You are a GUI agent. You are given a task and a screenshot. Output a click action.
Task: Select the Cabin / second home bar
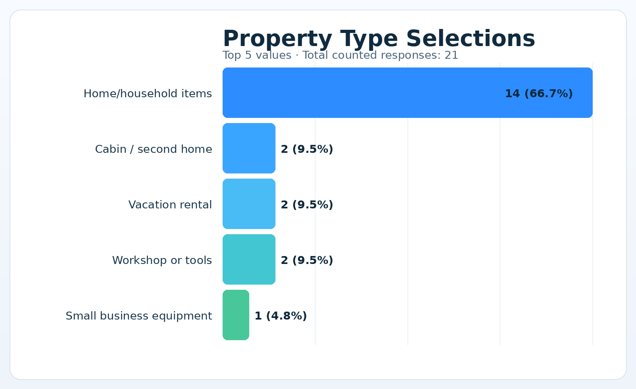pyautogui.click(x=249, y=148)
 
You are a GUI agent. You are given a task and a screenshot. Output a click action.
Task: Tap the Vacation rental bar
pyautogui.click(x=249, y=204)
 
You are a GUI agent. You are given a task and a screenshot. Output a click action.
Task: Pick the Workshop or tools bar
pyautogui.click(x=249, y=260)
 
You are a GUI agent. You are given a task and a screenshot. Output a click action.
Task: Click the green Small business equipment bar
pyautogui.click(x=236, y=315)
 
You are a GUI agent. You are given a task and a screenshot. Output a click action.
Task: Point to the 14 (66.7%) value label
pyautogui.click(x=539, y=94)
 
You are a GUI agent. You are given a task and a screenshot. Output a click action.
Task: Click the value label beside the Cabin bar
pyautogui.click(x=307, y=149)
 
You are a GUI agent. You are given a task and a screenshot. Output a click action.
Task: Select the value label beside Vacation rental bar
pyautogui.click(x=307, y=205)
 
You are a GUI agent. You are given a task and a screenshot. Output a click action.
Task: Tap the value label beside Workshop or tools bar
pyautogui.click(x=307, y=260)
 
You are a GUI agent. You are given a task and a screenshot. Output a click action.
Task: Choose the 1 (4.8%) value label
pyautogui.click(x=281, y=316)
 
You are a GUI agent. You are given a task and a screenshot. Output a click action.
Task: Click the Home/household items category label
pyautogui.click(x=147, y=94)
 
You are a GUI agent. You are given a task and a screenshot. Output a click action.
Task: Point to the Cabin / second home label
pyautogui.click(x=153, y=149)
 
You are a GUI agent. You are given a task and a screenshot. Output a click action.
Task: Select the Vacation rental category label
pyautogui.click(x=170, y=205)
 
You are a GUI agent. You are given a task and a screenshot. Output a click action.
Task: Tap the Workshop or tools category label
pyautogui.click(x=162, y=260)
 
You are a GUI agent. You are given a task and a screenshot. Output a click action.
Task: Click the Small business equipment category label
pyautogui.click(x=139, y=316)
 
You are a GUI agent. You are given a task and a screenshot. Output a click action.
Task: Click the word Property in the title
pyautogui.click(x=277, y=39)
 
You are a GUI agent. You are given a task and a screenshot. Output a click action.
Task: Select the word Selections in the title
pyautogui.click(x=470, y=39)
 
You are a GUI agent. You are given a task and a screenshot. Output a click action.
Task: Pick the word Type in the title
pyautogui.click(x=369, y=39)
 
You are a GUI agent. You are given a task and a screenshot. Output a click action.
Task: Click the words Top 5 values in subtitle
pyautogui.click(x=257, y=55)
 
